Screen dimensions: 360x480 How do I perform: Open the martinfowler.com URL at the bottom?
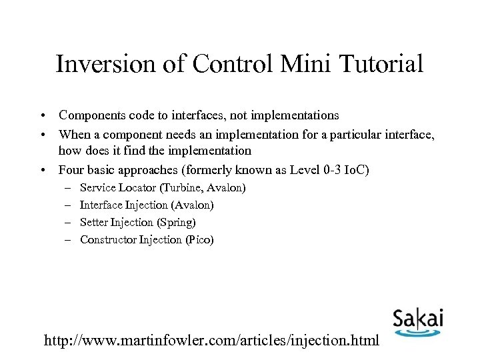(211, 340)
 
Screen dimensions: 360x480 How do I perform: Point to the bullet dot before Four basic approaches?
(42, 170)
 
